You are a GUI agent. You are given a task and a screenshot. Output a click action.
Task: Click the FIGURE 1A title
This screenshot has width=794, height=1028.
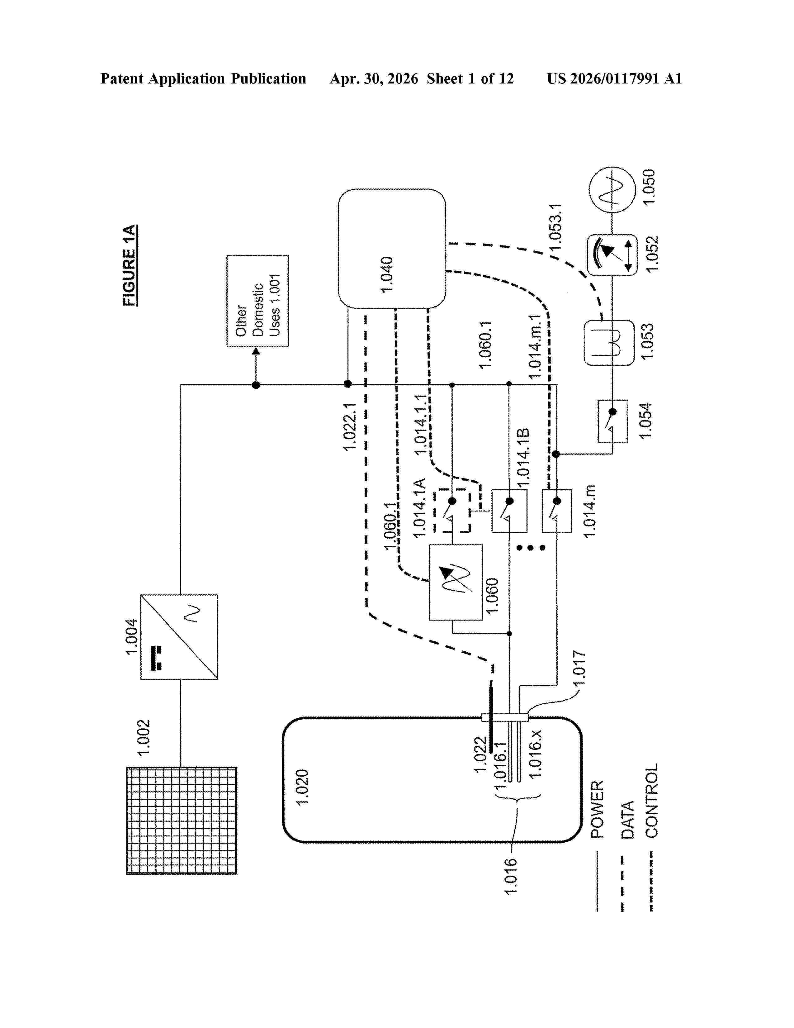tap(130, 265)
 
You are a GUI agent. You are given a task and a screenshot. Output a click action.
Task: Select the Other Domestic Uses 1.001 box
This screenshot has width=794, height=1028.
tap(258, 301)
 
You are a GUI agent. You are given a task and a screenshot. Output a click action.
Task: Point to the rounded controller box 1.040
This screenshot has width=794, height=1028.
tap(392, 249)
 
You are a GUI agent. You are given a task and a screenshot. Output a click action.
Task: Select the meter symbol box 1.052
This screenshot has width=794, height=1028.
tap(612, 255)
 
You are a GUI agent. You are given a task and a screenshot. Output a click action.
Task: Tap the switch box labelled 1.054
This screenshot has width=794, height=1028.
tap(612, 421)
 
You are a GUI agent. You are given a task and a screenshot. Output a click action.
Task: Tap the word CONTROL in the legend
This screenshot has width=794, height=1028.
tap(651, 800)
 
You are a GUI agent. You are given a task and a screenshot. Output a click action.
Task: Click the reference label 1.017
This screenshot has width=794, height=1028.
tap(580, 668)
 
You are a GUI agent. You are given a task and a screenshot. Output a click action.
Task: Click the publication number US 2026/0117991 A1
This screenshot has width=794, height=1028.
tap(614, 79)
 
